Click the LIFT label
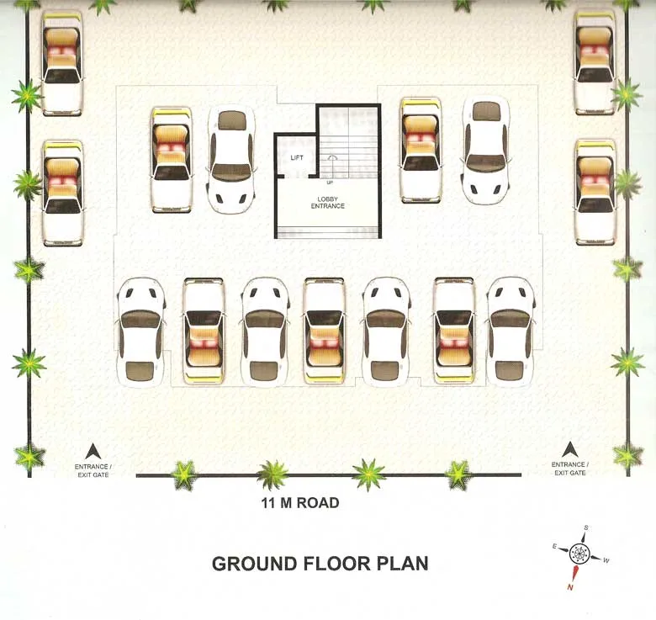297,157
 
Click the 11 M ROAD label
299,503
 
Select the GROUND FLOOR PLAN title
320,563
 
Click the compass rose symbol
579,554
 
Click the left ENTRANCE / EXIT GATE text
93,470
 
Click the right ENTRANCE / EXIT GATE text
569,469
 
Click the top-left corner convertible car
62,63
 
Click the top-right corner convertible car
595,61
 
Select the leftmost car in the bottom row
140,331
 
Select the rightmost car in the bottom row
511,331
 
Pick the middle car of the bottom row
325,331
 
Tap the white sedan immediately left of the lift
230,159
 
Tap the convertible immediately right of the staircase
421,150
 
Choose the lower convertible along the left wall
63,193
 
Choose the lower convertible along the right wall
595,192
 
